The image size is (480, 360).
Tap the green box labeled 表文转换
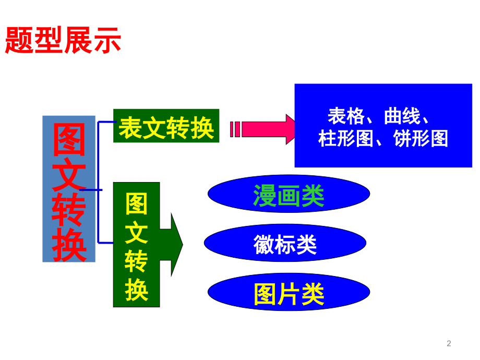point(166,126)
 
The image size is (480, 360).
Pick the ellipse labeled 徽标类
point(285,244)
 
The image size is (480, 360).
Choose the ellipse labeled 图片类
point(289,294)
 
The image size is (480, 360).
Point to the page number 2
point(449,343)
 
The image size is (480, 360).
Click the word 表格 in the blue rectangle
point(347,116)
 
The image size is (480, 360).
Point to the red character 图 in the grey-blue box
point(69,140)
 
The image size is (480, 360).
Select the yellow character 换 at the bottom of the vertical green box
point(136,290)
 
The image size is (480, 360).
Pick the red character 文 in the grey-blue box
point(69,175)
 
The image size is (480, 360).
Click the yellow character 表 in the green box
point(130,127)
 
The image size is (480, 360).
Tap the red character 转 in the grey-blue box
point(69,210)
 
